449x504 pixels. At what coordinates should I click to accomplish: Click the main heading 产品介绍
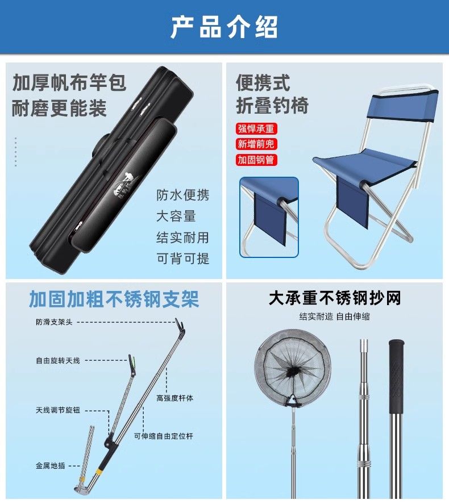click(x=224, y=27)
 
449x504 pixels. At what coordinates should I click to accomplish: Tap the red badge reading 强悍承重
click(x=256, y=129)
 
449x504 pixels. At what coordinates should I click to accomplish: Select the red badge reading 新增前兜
click(x=256, y=144)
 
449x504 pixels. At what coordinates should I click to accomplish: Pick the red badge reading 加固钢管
click(x=256, y=160)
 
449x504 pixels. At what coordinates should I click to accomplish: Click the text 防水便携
click(x=182, y=195)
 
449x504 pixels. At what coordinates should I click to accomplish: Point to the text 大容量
click(x=176, y=216)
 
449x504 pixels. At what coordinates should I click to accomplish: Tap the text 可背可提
click(x=182, y=259)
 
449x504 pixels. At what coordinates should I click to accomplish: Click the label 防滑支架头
click(x=54, y=322)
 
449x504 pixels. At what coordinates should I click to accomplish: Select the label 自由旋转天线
click(x=58, y=361)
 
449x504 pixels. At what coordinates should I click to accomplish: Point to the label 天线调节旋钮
click(x=58, y=410)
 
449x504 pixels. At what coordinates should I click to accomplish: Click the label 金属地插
click(x=51, y=465)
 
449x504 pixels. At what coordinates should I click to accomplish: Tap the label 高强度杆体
click(x=175, y=398)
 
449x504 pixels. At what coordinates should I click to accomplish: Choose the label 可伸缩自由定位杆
click(x=164, y=436)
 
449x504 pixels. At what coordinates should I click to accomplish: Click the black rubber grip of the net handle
click(x=396, y=376)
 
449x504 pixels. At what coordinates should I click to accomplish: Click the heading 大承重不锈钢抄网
click(x=335, y=298)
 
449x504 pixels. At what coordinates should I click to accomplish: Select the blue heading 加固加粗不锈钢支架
click(x=114, y=299)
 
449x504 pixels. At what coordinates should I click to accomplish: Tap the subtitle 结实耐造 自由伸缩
click(x=335, y=316)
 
